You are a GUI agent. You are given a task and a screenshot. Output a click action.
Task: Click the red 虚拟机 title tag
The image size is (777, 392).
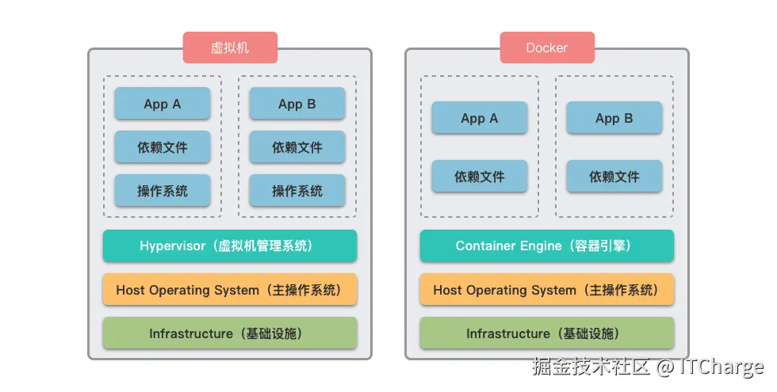(x=230, y=48)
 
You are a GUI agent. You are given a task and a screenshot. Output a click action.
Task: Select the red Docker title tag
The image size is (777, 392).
(x=547, y=48)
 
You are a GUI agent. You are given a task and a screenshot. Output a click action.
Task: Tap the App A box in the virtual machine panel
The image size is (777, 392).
(x=163, y=104)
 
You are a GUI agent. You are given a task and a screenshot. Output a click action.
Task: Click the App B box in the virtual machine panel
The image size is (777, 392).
(x=297, y=104)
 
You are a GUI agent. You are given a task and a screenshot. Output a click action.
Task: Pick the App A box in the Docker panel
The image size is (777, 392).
(x=480, y=118)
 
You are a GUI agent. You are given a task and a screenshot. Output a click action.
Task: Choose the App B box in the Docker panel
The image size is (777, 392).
(x=614, y=118)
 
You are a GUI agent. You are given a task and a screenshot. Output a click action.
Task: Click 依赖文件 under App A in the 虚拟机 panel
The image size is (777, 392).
(x=163, y=147)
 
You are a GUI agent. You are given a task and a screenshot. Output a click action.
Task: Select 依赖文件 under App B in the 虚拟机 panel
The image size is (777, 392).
(x=297, y=147)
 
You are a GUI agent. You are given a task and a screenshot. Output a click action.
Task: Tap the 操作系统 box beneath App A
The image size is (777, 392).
(x=163, y=191)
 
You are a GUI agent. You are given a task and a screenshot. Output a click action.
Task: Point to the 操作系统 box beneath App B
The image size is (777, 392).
(x=297, y=191)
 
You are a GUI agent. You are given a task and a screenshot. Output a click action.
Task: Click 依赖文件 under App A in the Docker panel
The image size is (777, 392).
(x=480, y=177)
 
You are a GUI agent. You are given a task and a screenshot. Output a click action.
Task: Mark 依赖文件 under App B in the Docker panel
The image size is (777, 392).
(x=614, y=177)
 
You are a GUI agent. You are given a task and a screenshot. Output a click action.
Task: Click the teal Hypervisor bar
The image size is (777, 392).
(x=230, y=246)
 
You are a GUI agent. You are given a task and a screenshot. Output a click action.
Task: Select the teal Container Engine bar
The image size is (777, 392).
(x=547, y=246)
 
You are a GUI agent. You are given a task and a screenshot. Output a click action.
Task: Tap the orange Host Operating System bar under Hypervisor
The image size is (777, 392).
(x=230, y=290)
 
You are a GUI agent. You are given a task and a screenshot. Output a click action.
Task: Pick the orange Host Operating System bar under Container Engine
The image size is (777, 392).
(x=547, y=290)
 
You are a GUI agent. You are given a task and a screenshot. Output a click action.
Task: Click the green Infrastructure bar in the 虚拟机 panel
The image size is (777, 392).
(x=230, y=333)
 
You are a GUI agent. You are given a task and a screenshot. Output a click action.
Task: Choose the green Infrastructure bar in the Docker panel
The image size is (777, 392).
(x=547, y=333)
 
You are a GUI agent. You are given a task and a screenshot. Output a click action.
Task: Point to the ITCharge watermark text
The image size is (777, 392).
(x=721, y=367)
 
